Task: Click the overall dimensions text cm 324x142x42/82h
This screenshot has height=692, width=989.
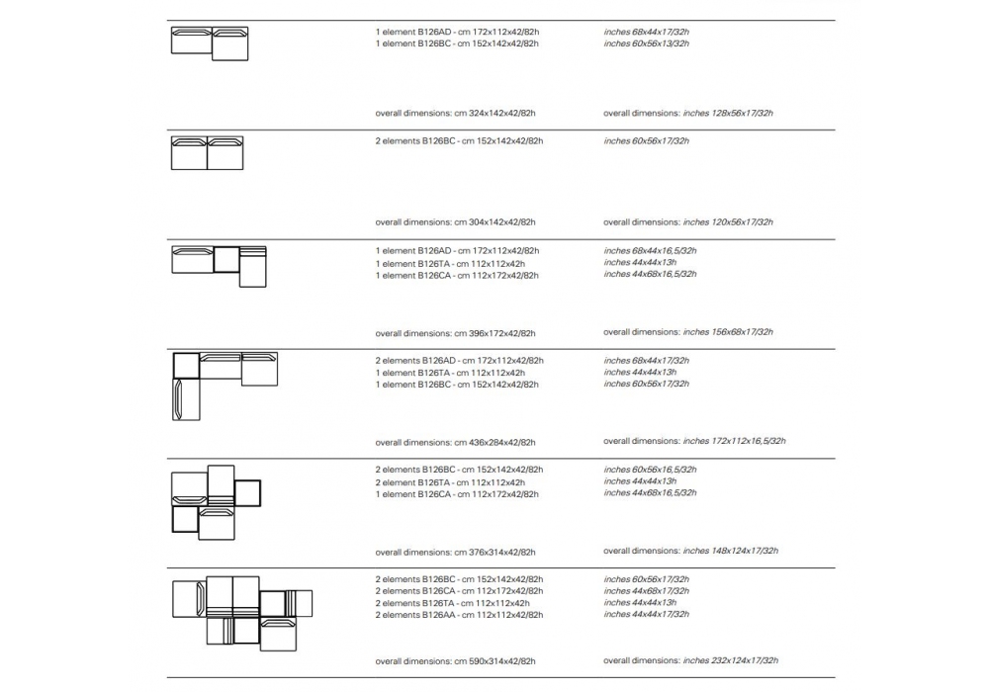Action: pos(455,113)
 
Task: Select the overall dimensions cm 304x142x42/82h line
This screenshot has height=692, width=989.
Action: pos(455,222)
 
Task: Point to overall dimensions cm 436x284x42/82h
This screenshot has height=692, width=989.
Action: pos(455,442)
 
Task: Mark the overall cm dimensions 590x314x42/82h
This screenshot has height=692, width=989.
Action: pos(455,660)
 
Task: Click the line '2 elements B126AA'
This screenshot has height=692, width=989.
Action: pos(459,615)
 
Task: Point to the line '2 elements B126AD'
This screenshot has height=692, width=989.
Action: pos(459,361)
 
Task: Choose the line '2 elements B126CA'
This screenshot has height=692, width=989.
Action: pos(459,591)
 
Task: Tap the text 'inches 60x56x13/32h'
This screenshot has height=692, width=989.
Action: pos(647,43)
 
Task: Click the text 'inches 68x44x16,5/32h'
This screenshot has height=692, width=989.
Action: pos(650,251)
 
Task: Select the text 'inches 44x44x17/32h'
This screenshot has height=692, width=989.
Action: pos(647,614)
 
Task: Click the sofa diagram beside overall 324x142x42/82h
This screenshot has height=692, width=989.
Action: pos(210,43)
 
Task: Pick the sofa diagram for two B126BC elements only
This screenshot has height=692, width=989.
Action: pos(207,153)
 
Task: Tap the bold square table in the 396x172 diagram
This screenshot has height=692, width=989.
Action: pos(226,259)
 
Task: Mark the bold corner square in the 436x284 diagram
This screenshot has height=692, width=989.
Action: pos(186,365)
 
